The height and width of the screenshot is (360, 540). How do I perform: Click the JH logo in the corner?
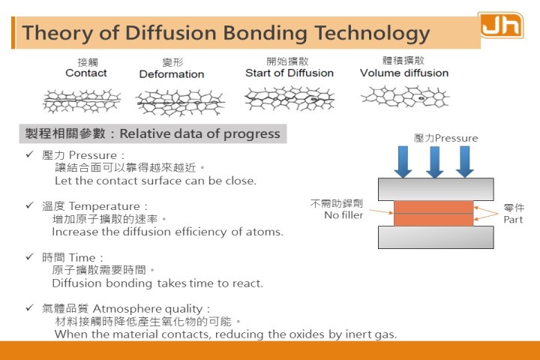tap(501, 25)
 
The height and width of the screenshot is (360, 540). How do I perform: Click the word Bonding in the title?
tap(265, 33)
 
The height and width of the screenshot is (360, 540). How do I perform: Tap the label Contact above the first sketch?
tap(86, 73)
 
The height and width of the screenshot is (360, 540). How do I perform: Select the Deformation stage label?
tap(172, 74)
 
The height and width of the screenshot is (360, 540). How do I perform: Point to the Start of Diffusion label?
tap(289, 73)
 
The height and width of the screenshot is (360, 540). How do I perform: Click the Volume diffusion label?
tap(404, 73)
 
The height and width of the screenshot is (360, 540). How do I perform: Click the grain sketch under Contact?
tap(82, 100)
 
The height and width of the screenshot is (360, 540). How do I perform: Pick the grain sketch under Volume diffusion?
tap(405, 97)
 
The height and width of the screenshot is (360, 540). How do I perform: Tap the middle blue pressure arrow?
tap(434, 162)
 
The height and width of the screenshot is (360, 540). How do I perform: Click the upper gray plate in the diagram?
tap(436, 189)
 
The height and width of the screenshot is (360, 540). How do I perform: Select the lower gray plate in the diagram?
tap(436, 237)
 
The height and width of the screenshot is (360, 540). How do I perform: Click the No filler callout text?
tap(343, 215)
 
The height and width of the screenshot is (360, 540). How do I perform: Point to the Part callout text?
tap(513, 220)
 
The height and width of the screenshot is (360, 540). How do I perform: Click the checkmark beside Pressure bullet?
tap(30, 154)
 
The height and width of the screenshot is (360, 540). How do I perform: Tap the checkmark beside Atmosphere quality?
tap(30, 307)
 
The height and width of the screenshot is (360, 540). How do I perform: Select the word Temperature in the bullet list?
tap(104, 206)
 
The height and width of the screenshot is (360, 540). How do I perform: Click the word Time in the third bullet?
tap(82, 258)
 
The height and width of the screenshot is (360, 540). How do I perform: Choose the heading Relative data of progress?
tap(199, 133)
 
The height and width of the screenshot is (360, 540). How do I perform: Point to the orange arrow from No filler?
tap(382, 211)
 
